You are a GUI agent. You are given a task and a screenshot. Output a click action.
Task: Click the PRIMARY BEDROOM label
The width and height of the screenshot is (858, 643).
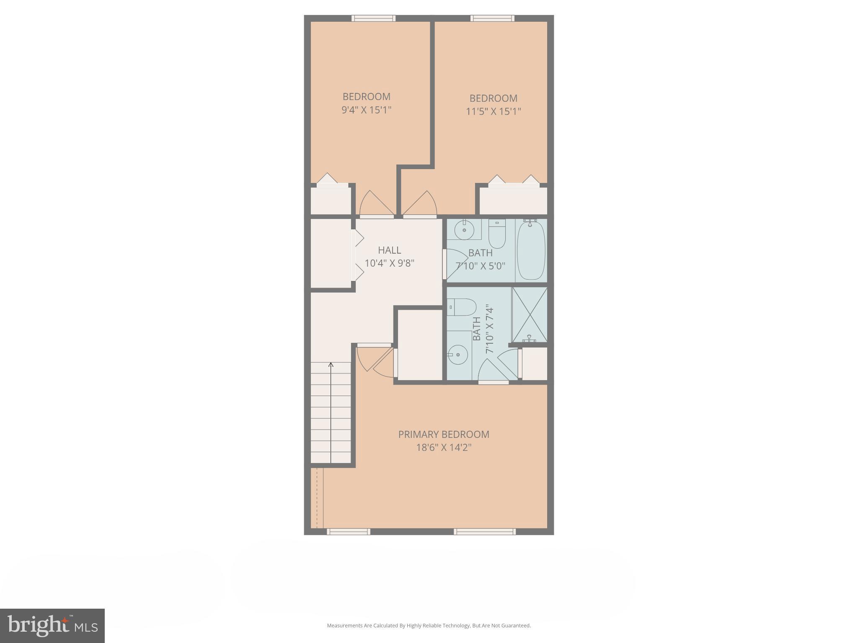443,434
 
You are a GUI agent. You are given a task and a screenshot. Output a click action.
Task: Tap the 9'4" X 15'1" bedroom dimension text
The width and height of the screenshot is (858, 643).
366,110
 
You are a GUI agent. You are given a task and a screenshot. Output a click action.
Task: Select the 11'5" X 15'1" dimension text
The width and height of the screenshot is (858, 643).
493,111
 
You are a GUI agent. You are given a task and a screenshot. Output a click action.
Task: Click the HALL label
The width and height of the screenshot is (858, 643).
389,250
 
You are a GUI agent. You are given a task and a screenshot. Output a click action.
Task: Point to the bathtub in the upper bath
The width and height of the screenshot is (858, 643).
531,250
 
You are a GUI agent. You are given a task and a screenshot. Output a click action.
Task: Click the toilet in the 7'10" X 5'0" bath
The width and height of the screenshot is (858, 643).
497,236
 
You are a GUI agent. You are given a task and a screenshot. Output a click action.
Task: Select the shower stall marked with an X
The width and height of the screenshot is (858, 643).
530,315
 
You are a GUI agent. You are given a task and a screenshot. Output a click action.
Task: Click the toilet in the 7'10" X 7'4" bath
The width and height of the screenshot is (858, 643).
462,307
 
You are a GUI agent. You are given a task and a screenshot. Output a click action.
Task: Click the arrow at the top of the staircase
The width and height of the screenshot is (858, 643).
331,365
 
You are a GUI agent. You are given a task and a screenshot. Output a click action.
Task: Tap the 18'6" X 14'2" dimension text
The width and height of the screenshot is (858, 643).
443,448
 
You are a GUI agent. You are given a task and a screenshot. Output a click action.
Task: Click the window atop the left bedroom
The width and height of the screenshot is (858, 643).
373,18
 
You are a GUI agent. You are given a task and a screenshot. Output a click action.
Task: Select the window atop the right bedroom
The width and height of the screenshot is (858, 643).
492,18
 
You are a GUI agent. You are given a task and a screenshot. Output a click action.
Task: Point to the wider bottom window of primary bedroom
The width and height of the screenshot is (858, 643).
485,532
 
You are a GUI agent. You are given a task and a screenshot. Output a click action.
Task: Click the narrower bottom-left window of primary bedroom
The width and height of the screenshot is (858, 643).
348,532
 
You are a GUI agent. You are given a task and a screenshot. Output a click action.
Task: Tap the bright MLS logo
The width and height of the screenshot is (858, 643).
52,625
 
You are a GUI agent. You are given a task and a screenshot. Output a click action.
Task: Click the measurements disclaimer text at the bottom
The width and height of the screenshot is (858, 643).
429,625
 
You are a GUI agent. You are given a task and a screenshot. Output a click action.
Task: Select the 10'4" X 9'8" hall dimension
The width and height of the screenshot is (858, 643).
389,263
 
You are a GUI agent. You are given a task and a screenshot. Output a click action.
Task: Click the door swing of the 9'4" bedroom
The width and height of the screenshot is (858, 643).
376,204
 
